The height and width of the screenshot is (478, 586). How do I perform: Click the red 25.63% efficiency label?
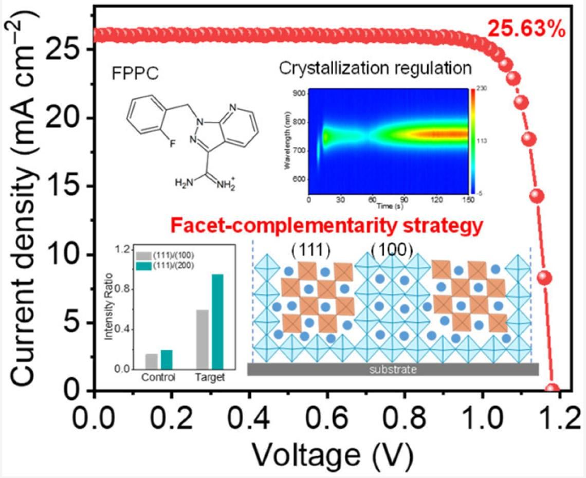pyautogui.click(x=526, y=29)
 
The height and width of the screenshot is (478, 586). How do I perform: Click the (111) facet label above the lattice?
pyautogui.click(x=310, y=250)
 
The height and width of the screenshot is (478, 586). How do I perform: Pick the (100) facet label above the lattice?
pyautogui.click(x=392, y=250)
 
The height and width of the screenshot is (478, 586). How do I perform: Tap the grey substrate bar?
pyautogui.click(x=393, y=369)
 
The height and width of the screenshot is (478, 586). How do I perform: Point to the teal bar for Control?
pyautogui.click(x=167, y=359)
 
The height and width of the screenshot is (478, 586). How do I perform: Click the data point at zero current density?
pyautogui.click(x=553, y=390)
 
